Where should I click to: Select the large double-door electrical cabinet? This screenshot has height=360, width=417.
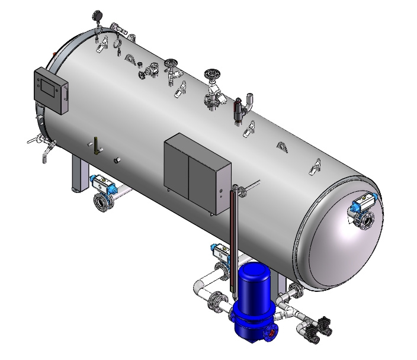(195, 175)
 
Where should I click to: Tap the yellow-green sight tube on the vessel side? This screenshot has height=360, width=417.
(94, 144)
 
